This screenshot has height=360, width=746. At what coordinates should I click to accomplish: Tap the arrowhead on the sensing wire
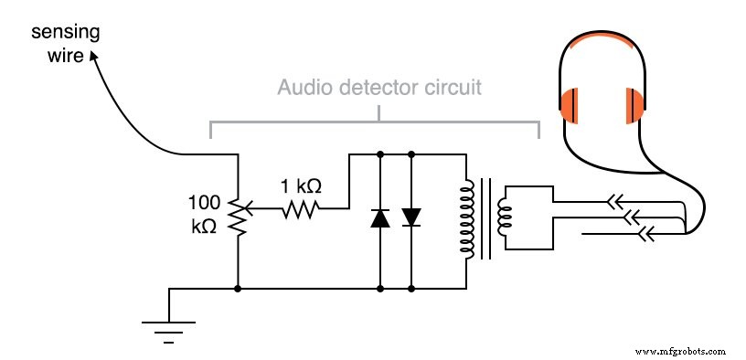(x=93, y=56)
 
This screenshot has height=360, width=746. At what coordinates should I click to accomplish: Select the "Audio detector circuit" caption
(x=379, y=90)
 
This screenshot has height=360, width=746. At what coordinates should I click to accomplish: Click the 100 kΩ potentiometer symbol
(x=238, y=214)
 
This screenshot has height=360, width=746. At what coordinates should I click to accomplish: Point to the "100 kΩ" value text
(x=204, y=214)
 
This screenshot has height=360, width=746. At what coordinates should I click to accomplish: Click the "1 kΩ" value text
(x=300, y=186)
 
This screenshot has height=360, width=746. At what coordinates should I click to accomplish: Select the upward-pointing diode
(x=379, y=217)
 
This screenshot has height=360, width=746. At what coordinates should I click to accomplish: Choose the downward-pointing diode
(x=411, y=217)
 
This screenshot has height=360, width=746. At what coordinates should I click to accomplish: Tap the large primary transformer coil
(x=468, y=218)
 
